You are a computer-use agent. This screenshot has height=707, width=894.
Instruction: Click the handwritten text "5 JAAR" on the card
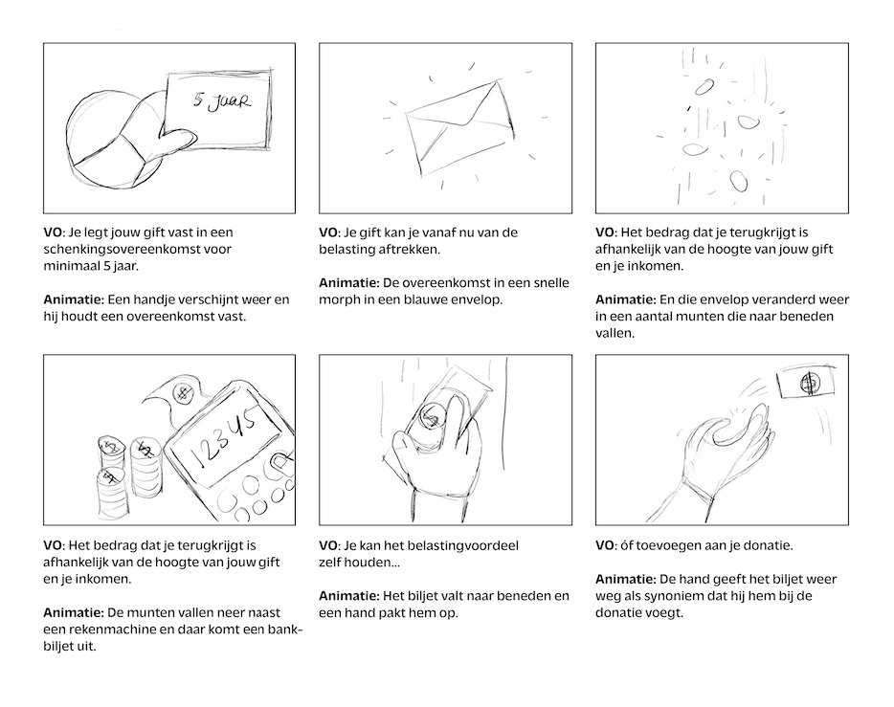click(218, 102)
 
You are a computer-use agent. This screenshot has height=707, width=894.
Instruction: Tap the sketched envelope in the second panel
click(456, 127)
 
